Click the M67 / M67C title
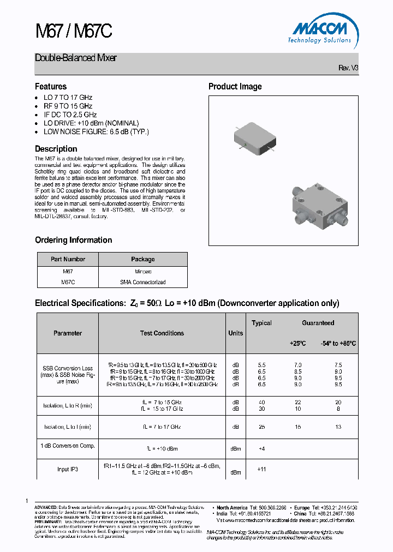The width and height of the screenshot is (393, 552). [73, 32]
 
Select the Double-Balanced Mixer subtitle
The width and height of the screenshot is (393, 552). [76, 58]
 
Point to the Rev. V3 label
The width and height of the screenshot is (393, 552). [348, 68]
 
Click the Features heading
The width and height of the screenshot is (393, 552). [51, 87]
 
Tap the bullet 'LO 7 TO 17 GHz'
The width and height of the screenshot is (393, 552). [68, 98]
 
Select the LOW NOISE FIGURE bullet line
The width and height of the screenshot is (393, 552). [96, 131]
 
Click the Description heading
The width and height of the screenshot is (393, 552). [56, 149]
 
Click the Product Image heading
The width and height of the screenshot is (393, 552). [235, 87]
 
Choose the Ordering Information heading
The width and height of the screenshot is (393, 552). [74, 240]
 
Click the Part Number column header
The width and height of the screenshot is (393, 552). [68, 259]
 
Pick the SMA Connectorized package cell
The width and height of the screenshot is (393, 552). [143, 282]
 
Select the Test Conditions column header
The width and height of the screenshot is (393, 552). [162, 333]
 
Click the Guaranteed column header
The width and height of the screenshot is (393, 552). [318, 323]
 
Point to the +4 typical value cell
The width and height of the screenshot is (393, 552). [261, 449]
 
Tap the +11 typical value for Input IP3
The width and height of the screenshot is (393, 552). [261, 469]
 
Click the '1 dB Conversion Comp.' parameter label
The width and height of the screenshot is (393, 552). [68, 446]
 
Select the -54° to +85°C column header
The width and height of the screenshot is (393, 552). [338, 344]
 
